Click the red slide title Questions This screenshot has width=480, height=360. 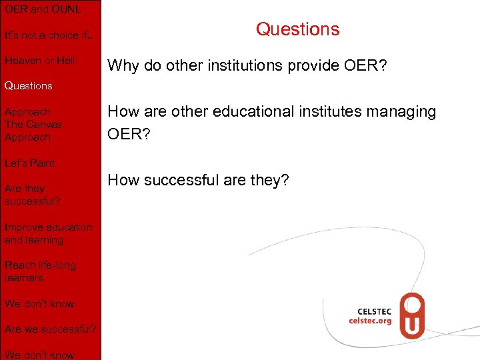click(297, 29)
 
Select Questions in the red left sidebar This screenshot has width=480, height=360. click(28, 86)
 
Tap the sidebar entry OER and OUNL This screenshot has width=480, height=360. click(42, 9)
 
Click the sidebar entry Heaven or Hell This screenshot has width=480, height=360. click(39, 61)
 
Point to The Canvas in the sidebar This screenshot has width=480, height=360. click(33, 125)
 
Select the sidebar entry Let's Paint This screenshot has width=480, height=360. click(29, 163)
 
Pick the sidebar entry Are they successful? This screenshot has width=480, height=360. click(32, 195)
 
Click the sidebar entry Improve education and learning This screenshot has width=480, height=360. click(48, 233)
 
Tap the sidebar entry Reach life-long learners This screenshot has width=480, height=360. click(40, 271)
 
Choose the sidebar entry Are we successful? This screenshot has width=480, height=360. click(50, 329)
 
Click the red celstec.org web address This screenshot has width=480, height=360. click(370, 321)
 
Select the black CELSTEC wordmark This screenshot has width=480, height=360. click(374, 311)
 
